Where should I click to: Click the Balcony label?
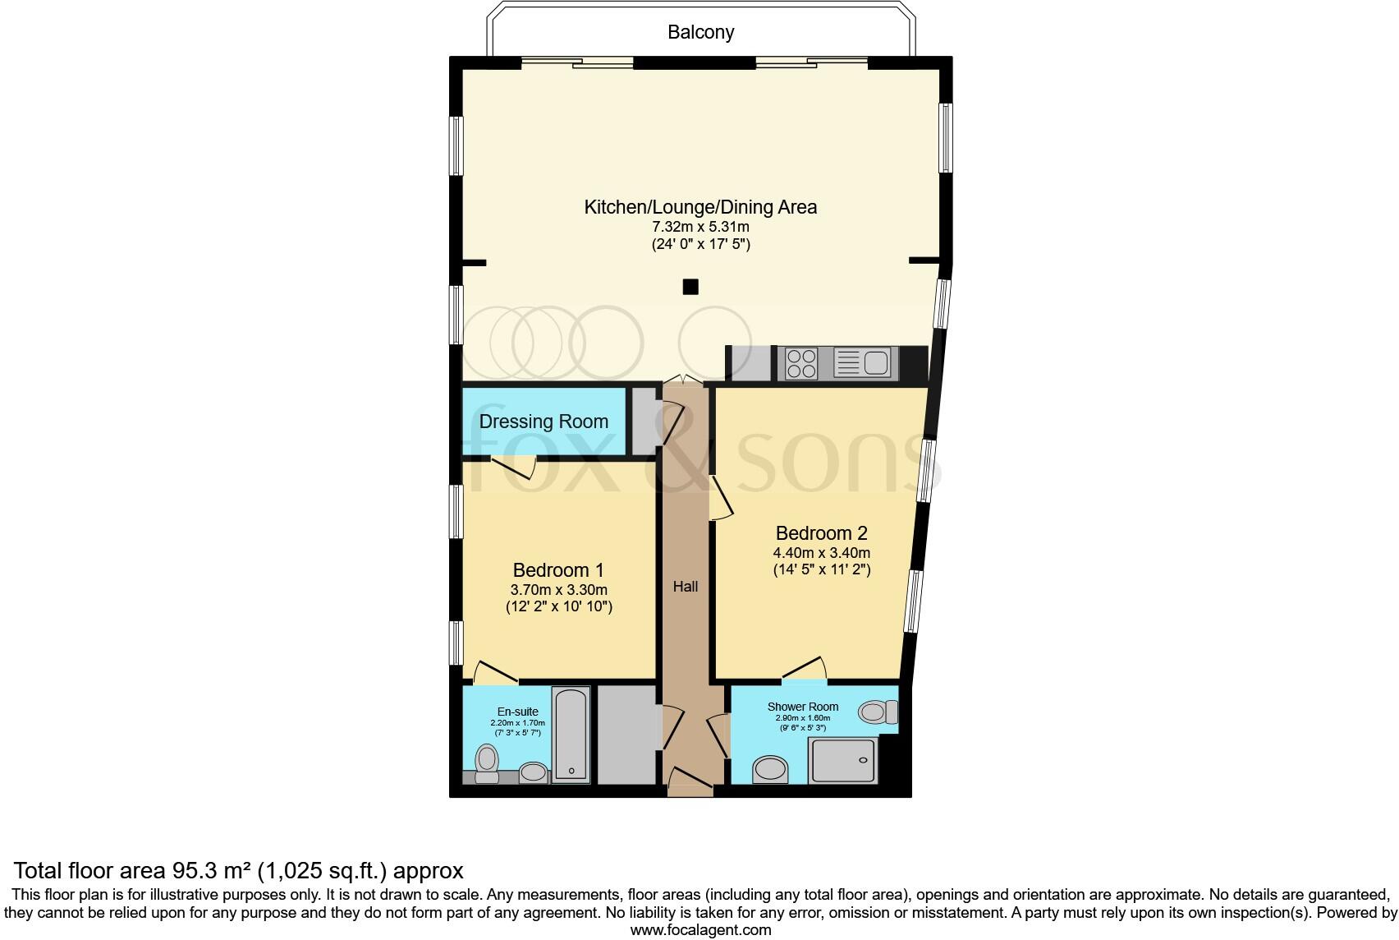tap(700, 32)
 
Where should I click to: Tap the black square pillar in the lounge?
tap(690, 287)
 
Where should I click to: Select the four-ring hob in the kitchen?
tap(800, 363)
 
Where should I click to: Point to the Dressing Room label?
tap(544, 422)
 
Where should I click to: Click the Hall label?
tap(686, 586)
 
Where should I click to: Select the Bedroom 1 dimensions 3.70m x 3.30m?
tap(558, 589)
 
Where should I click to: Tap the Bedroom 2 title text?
tap(821, 532)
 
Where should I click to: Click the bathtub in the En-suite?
tap(571, 735)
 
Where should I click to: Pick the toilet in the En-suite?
tap(487, 763)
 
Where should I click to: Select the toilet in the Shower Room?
tap(877, 712)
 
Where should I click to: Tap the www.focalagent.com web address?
tap(700, 930)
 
